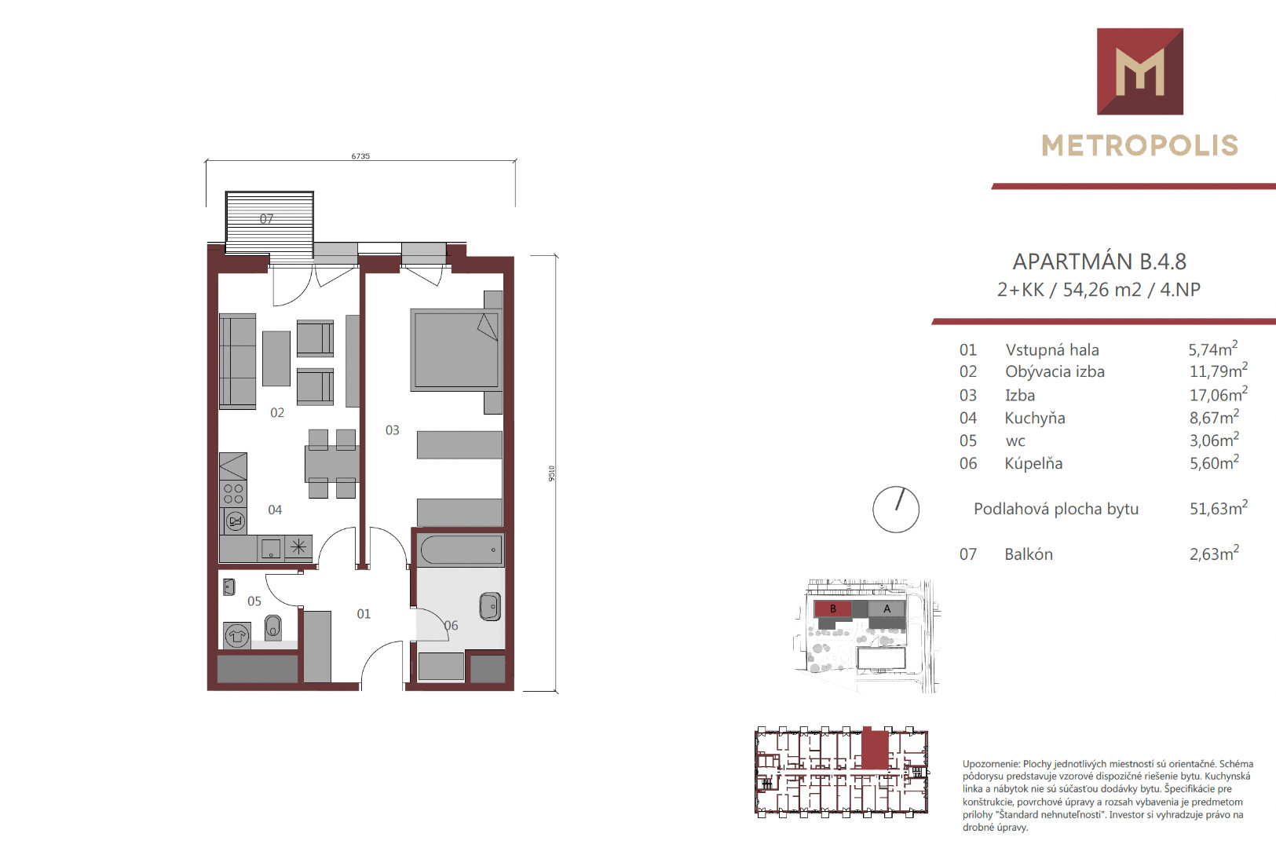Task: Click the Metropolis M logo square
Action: (x=1140, y=71)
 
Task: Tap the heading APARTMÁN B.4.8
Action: (x=1099, y=262)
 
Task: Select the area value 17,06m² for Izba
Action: (x=1219, y=394)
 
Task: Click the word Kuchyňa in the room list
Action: (x=1034, y=418)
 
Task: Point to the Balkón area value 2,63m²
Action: (x=1214, y=553)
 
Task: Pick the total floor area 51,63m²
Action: (x=1219, y=507)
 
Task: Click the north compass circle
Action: (x=896, y=509)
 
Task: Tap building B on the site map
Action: (x=833, y=609)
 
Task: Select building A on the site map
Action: (x=887, y=609)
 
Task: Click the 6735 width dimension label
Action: (x=360, y=155)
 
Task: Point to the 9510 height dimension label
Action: (x=551, y=473)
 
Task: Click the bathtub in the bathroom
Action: (x=462, y=550)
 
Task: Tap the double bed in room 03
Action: (x=455, y=349)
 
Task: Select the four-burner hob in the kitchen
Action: (x=233, y=494)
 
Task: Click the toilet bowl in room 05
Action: (x=272, y=627)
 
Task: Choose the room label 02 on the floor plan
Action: (x=277, y=412)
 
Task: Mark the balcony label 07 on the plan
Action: (x=267, y=219)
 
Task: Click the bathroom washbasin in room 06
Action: (x=490, y=606)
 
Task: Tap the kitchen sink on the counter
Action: (x=271, y=548)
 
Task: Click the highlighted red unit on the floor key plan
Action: (x=875, y=748)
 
